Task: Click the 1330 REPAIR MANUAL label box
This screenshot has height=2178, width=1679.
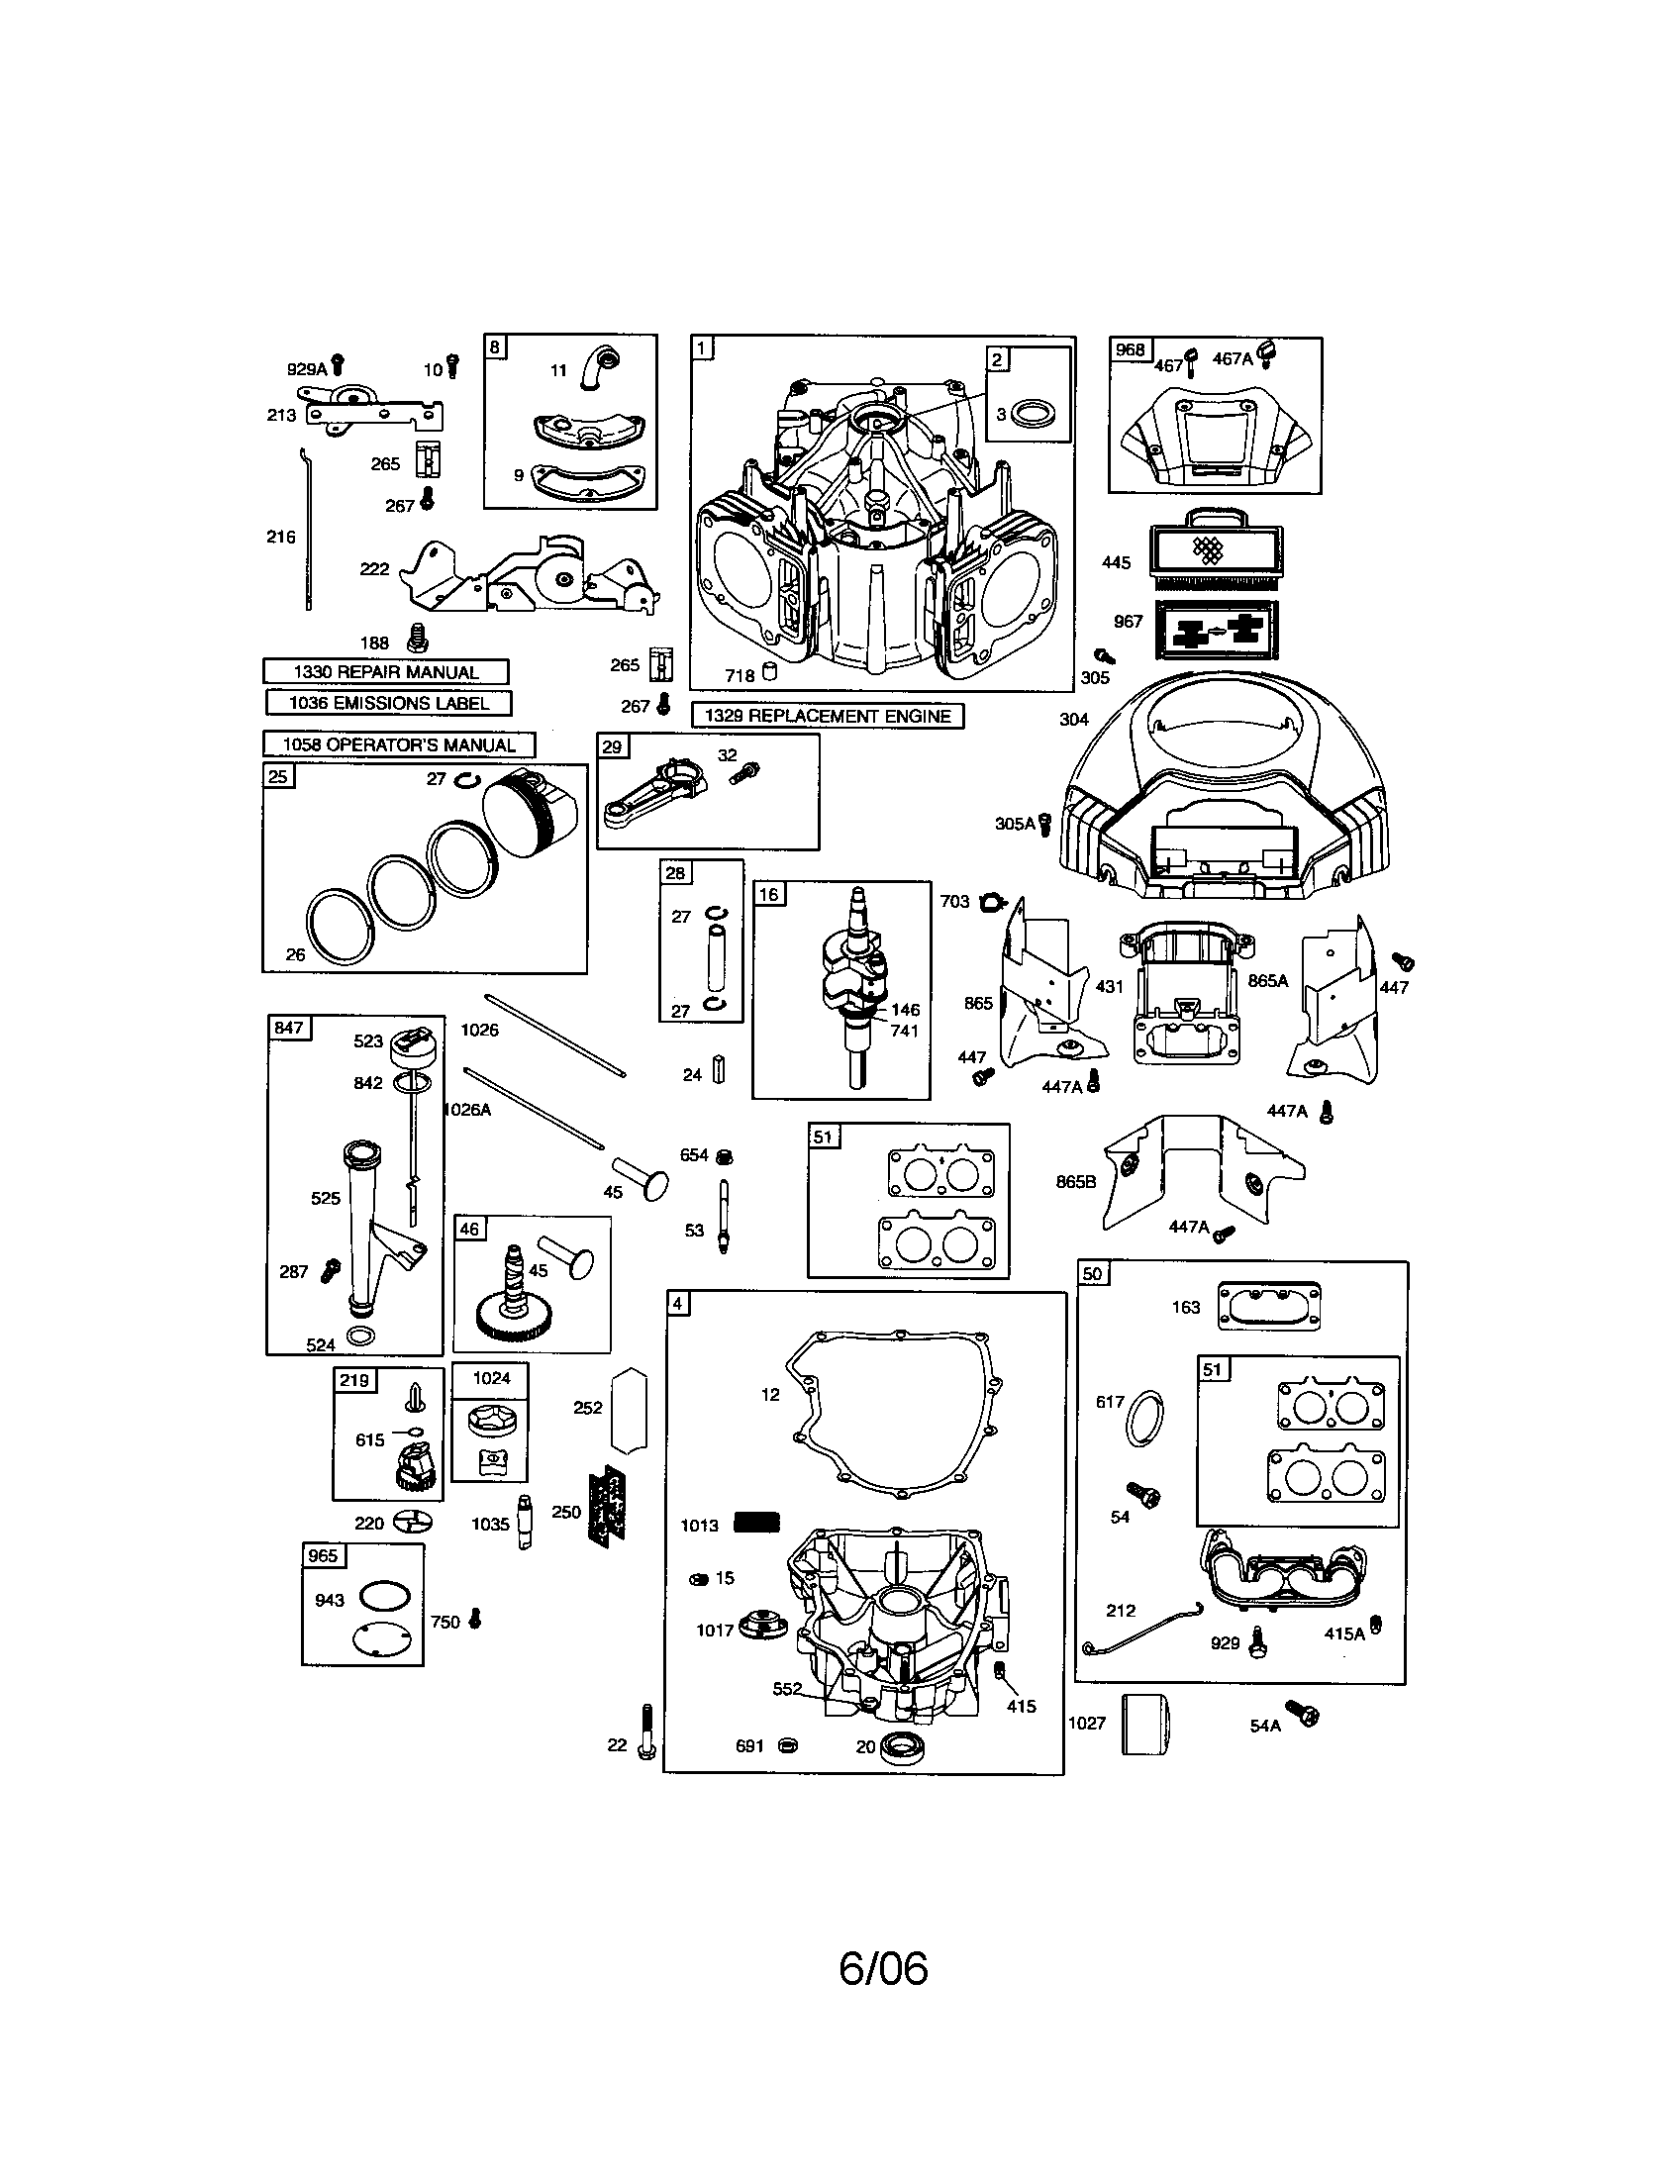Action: (386, 672)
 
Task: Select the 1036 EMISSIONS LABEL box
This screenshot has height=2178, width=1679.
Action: (389, 703)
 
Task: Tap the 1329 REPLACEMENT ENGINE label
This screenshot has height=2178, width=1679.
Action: (828, 716)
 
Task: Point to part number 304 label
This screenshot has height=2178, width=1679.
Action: (1074, 719)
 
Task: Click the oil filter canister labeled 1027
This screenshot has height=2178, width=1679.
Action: (1144, 1724)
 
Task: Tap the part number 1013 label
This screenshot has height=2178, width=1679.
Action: (699, 1526)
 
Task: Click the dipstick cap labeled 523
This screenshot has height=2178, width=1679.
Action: (411, 1048)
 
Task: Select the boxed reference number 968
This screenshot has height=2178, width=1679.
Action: (1130, 350)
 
